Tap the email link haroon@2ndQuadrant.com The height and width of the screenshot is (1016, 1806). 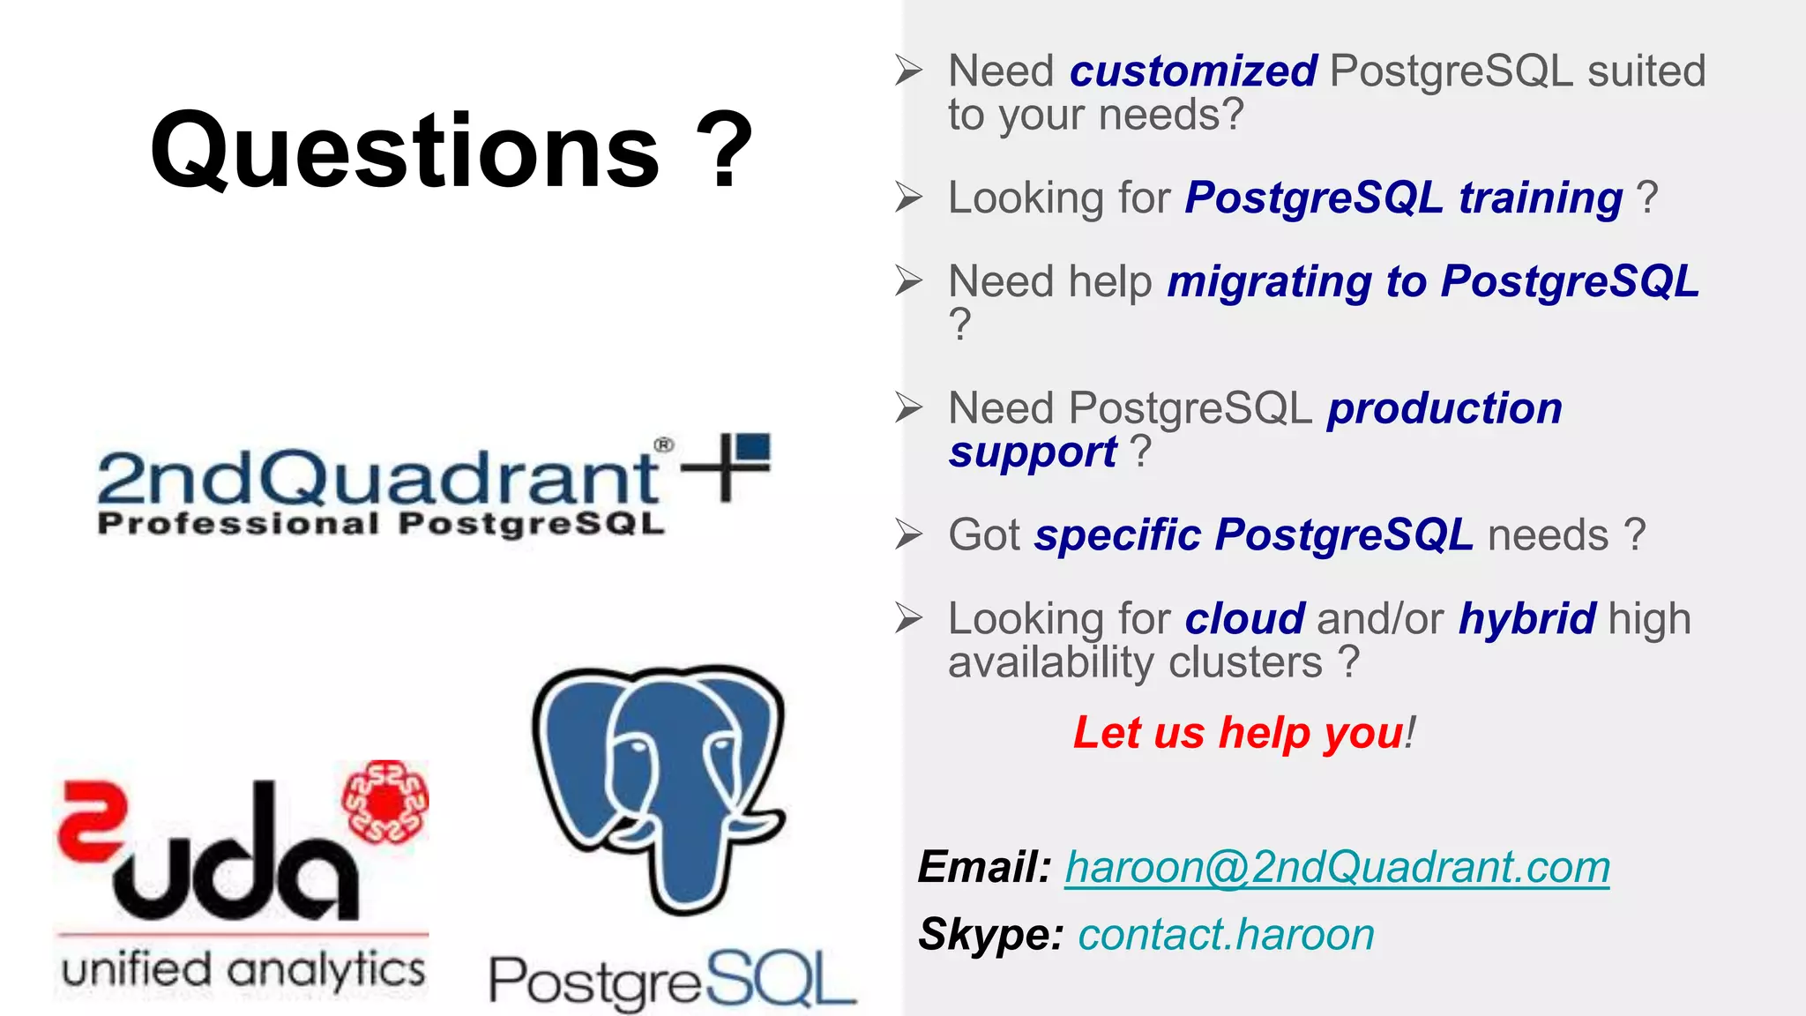click(x=1337, y=867)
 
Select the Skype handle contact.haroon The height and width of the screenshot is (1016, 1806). click(x=1226, y=935)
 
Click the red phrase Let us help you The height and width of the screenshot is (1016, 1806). click(x=1238, y=733)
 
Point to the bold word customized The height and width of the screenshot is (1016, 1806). click(x=1193, y=71)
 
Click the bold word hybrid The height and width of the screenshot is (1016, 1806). click(x=1526, y=619)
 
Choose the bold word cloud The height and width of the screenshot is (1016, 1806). click(x=1244, y=619)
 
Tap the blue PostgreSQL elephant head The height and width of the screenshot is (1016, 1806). click(x=660, y=776)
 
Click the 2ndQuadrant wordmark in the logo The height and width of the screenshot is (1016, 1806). click(x=377, y=477)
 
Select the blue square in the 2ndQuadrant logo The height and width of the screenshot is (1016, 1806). click(x=753, y=447)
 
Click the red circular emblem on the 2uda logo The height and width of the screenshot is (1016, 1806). click(x=385, y=801)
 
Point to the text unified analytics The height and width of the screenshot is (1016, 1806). click(x=243, y=970)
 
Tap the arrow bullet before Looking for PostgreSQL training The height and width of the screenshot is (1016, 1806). click(x=908, y=197)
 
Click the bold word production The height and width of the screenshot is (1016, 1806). click(x=1444, y=409)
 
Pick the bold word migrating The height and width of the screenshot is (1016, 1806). click(x=1270, y=283)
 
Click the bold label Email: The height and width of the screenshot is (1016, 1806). click(x=984, y=867)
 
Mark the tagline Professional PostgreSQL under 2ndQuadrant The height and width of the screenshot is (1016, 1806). click(x=381, y=524)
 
